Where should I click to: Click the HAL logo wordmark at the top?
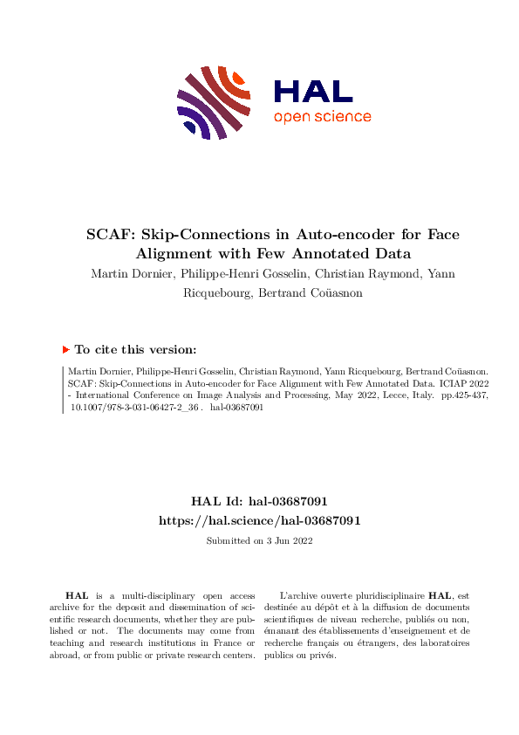coord(312,91)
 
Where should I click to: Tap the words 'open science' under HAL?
coord(322,117)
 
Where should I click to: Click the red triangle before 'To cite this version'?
coord(65,349)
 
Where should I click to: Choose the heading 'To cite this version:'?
coord(135,349)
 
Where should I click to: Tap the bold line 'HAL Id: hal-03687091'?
coord(259,501)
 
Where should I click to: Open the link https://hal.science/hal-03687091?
coord(259,519)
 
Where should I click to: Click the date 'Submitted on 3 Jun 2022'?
coord(259,541)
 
